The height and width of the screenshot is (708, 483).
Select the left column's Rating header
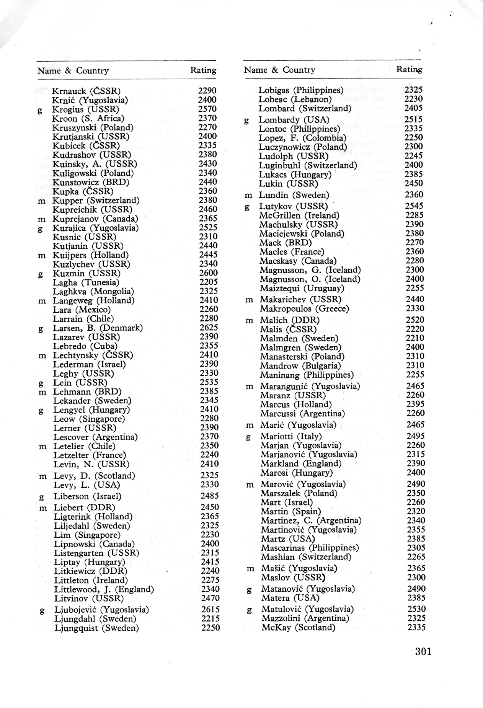[x=203, y=70]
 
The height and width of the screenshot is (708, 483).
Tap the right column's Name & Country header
[x=279, y=70]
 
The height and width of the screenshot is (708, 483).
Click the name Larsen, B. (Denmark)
[x=98, y=328]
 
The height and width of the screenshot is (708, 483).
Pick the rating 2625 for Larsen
[x=209, y=328]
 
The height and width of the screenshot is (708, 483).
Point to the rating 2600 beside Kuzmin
[x=209, y=273]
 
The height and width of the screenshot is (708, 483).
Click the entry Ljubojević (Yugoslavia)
[x=101, y=610]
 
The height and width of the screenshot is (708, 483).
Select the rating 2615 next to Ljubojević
[x=210, y=610]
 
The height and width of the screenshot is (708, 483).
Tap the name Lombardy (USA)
[x=294, y=120]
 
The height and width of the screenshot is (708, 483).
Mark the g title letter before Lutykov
[x=247, y=207]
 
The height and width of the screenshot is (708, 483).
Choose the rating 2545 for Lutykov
[x=414, y=206]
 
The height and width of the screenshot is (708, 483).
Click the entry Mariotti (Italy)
[x=291, y=436]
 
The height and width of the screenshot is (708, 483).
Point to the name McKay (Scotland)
[x=298, y=628]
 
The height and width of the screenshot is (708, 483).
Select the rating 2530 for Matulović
[x=416, y=609]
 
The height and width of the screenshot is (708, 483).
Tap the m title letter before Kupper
[x=42, y=201]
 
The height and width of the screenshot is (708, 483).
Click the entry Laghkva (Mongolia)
[x=93, y=292]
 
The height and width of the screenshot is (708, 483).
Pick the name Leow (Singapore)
[x=89, y=419]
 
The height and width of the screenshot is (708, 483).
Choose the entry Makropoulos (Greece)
[x=304, y=308]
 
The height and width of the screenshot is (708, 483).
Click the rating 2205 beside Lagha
[x=209, y=282]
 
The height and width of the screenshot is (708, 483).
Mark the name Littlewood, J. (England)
[x=104, y=589]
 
